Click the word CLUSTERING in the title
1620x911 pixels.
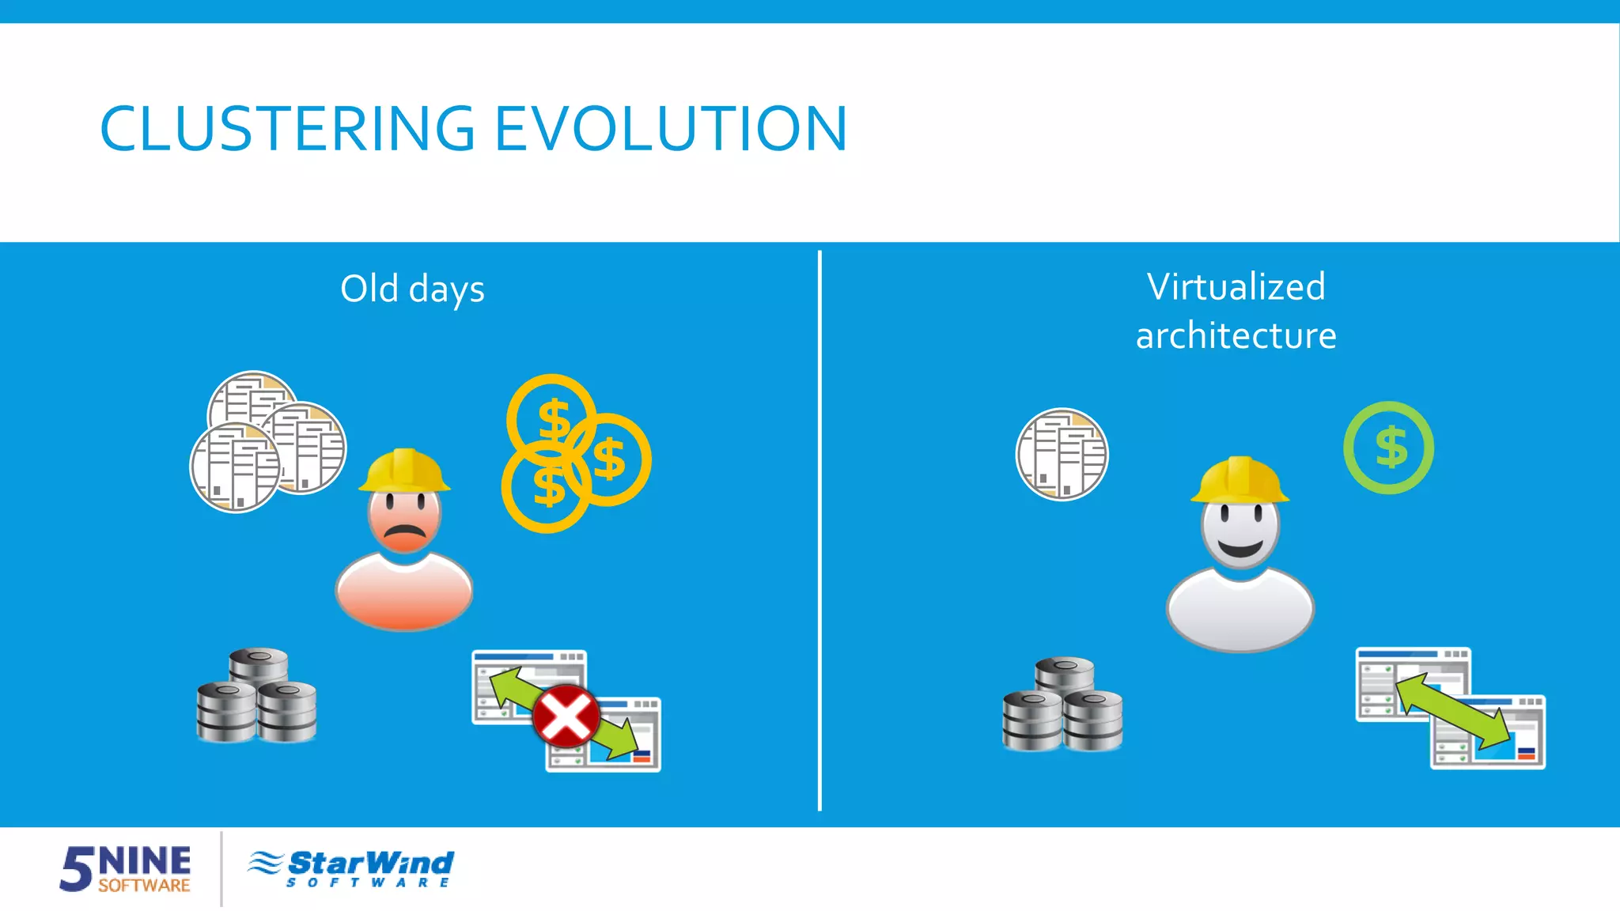286,129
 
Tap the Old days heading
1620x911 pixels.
412,289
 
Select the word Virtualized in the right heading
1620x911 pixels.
1236,287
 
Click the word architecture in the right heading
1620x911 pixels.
1236,336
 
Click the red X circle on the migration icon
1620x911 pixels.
566,716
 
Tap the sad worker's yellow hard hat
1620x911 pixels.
404,471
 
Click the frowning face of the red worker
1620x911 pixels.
405,518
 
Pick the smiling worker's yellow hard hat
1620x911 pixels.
1240,480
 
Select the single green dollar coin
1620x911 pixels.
1389,448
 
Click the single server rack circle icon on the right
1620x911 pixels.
1062,454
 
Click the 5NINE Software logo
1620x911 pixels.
126,868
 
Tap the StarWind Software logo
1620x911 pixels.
351,868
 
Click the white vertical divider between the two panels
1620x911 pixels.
819,530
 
